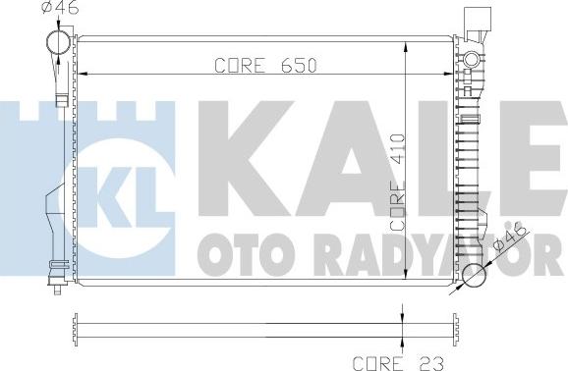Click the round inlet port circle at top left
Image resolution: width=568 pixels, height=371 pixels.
click(58, 43)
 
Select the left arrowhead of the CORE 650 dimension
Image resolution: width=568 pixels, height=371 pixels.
click(83, 73)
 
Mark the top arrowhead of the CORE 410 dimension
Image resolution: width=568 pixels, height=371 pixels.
click(406, 44)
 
